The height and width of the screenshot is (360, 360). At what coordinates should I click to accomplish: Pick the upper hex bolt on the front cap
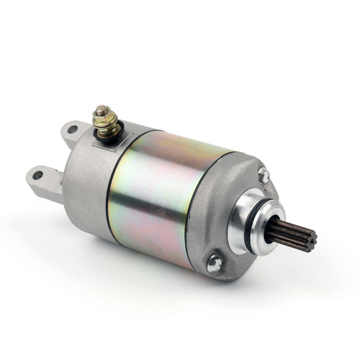coord(264,174)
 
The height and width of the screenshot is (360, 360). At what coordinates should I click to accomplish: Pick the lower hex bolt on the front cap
coord(214,264)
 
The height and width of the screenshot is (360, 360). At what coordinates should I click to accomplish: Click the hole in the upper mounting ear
coord(72,130)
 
